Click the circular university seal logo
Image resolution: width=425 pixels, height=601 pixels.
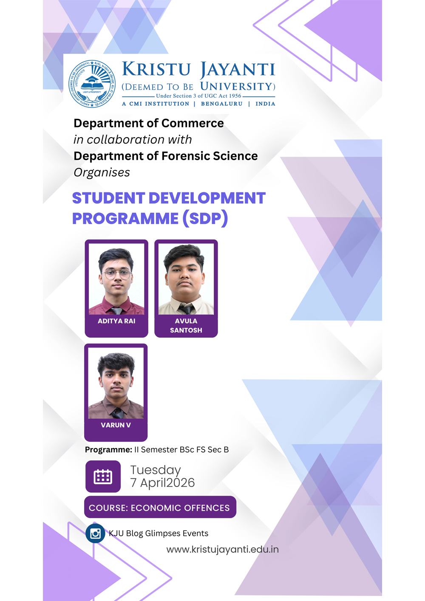coord(92,84)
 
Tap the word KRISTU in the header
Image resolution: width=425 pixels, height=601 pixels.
coord(156,69)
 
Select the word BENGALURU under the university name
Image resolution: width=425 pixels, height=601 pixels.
coord(221,104)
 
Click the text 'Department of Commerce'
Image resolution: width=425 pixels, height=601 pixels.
coord(148,123)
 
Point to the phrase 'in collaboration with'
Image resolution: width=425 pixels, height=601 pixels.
coord(133,140)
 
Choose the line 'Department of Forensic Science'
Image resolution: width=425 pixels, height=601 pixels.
coord(165,156)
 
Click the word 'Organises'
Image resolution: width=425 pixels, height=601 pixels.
coord(102,172)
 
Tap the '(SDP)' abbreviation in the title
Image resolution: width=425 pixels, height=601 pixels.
coord(205,218)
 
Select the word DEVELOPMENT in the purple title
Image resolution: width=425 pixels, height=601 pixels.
coord(207,198)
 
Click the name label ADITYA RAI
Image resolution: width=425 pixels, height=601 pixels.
coord(116,321)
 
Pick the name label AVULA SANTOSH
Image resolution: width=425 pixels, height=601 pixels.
coord(186,325)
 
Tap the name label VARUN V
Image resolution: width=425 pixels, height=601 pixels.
coord(116,425)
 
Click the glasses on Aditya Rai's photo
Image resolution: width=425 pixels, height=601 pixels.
coord(116,274)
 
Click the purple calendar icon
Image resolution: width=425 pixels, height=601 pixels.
coord(103,477)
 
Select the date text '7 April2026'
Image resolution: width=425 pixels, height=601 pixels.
coord(162,483)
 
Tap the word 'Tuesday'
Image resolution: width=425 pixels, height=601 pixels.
coord(156,470)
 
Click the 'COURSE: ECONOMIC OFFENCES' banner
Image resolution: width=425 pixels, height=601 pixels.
coord(160,508)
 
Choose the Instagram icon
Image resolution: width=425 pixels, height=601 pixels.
coord(95,533)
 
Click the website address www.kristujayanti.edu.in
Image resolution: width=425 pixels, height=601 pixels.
coord(222,550)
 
